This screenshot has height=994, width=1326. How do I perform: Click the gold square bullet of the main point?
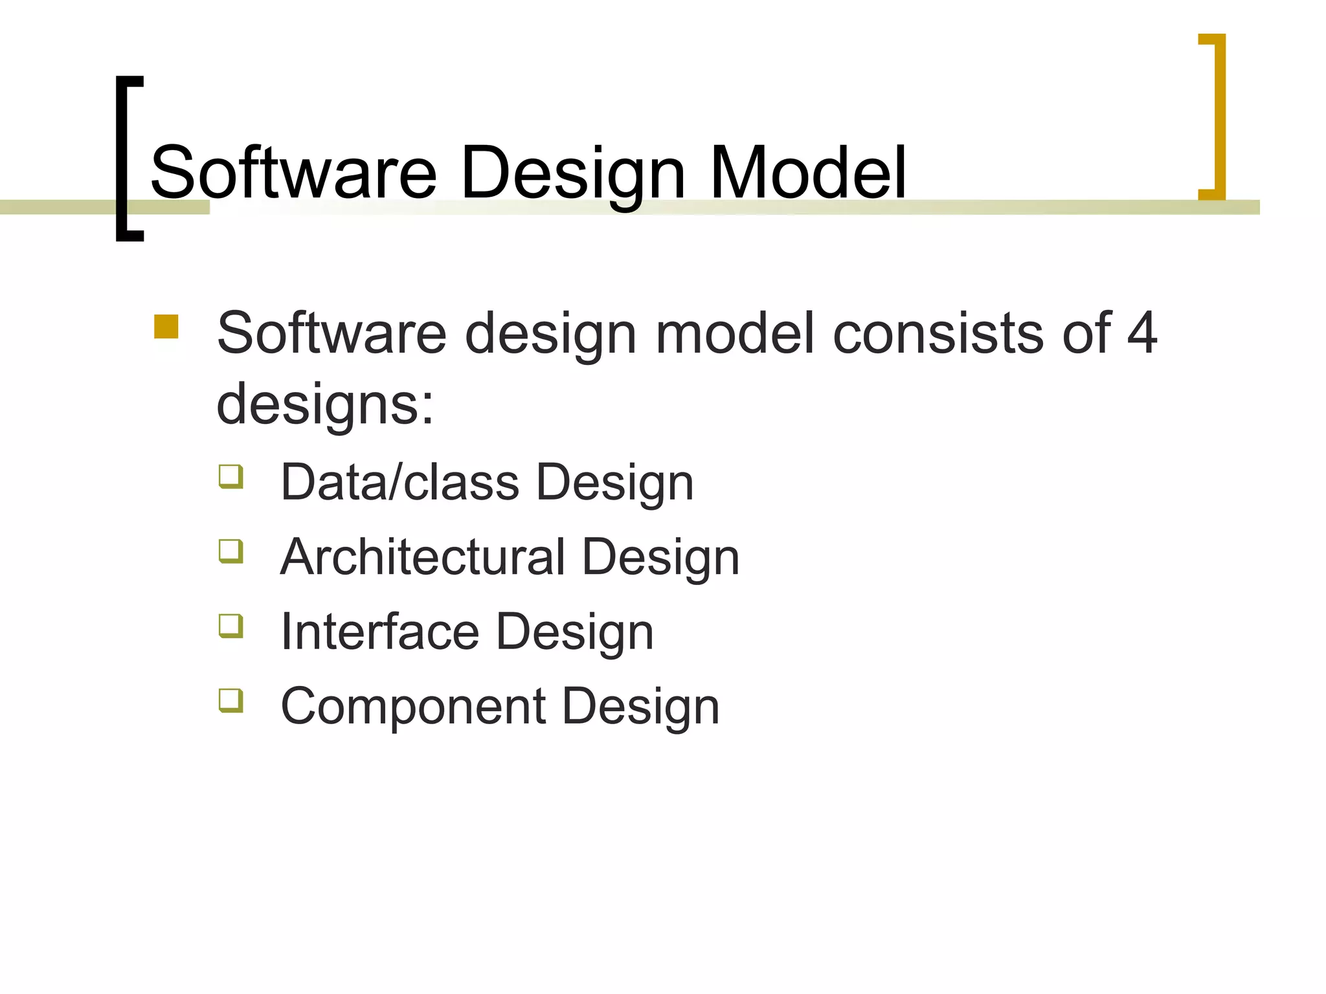click(166, 327)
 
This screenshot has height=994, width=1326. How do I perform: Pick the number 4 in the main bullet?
click(1141, 333)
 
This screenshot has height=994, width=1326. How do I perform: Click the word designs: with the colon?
click(325, 404)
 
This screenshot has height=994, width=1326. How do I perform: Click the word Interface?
click(380, 632)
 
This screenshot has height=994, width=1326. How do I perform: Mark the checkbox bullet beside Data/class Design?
click(231, 477)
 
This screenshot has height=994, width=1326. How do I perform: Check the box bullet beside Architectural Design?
click(231, 551)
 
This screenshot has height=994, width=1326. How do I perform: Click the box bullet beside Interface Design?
click(231, 626)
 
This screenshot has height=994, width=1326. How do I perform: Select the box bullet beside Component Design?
click(231, 700)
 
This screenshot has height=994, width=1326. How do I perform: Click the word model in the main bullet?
click(735, 333)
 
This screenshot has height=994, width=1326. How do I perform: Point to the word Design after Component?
click(641, 707)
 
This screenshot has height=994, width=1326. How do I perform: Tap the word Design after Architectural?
click(660, 558)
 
